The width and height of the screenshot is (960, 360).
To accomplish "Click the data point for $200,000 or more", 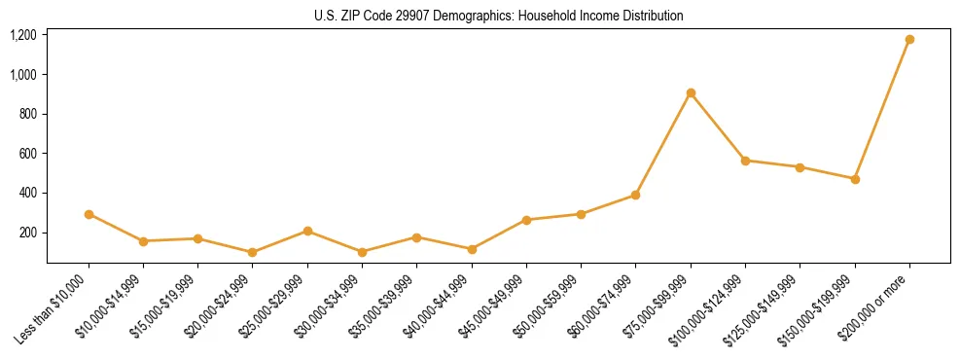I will (909, 40).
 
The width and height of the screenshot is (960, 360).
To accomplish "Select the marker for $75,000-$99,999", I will (691, 93).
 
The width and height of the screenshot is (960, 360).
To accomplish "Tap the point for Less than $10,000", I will (89, 214).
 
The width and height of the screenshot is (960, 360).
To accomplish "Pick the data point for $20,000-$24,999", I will (253, 252).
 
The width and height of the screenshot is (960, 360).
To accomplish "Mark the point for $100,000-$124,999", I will (745, 161).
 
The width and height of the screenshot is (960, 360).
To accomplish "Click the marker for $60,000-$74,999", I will (636, 195).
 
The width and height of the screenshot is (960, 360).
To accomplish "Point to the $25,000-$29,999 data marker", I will (307, 231).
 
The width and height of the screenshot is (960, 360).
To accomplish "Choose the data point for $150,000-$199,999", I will (855, 179).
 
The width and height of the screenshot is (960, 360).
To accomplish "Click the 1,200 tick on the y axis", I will (23, 35).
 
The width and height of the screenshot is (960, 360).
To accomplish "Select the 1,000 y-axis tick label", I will (23, 75).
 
